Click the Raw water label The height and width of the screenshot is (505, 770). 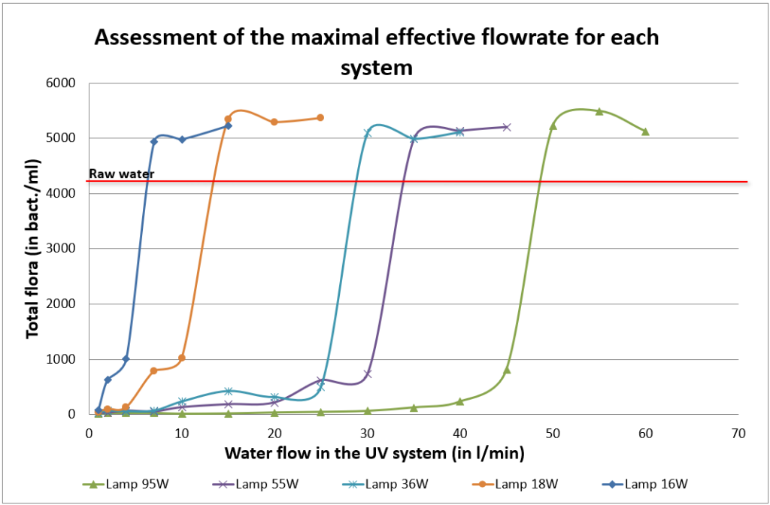[121, 174]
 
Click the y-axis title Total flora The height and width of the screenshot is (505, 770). [32, 248]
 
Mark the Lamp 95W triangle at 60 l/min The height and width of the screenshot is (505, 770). [645, 132]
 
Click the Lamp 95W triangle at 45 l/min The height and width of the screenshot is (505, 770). [507, 370]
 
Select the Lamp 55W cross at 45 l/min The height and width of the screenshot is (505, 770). [507, 127]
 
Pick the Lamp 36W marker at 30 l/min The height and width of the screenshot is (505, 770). [368, 133]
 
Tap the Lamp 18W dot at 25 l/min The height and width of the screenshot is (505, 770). [320, 117]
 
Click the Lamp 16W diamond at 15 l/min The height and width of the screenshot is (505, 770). [229, 125]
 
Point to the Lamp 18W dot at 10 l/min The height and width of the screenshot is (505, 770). [182, 358]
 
